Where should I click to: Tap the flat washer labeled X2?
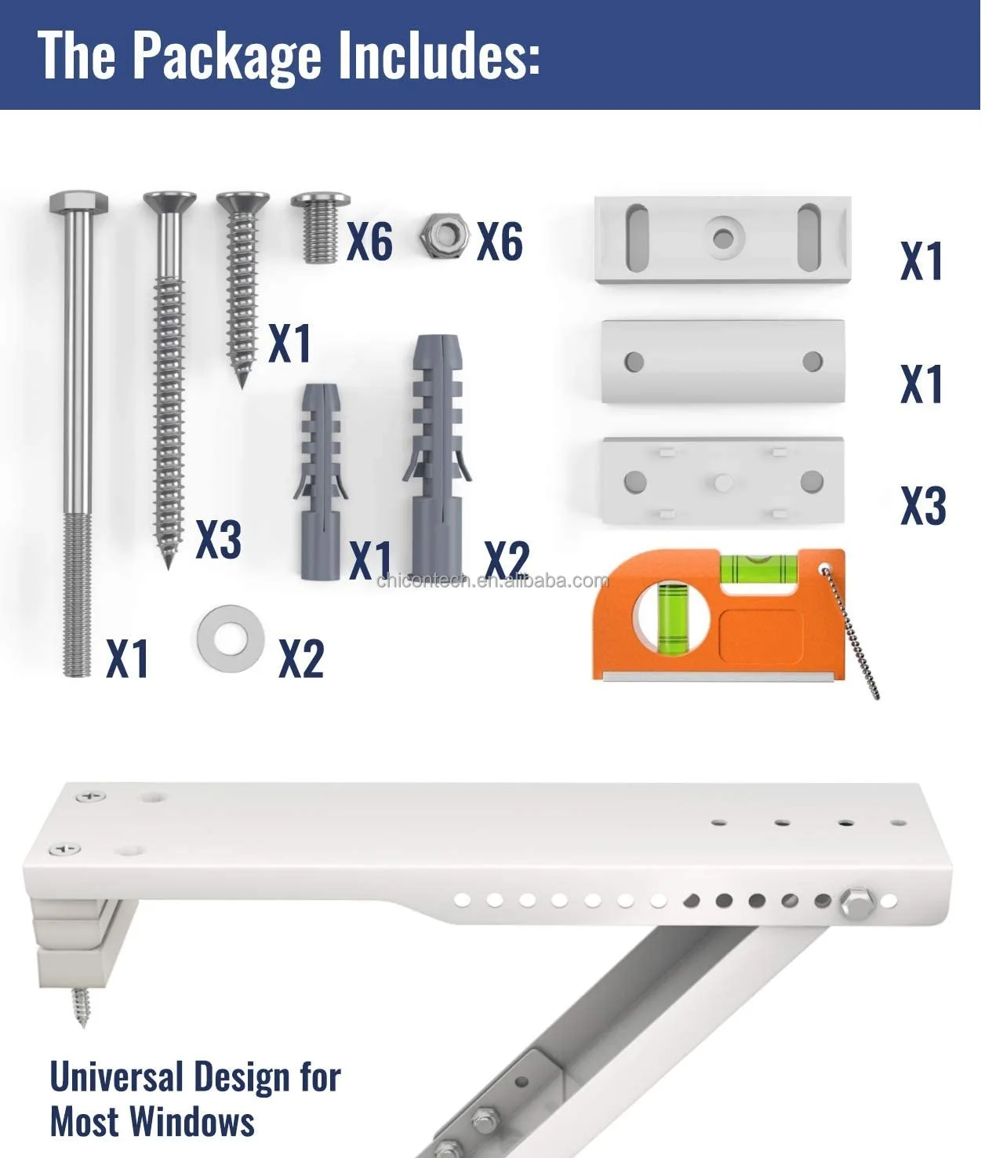pos(230,638)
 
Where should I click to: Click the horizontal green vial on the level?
pos(758,568)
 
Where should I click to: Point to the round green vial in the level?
pos(672,617)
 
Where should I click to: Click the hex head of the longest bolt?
pos(78,202)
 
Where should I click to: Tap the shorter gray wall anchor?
pos(320,481)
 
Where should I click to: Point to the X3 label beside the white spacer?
pos(923,505)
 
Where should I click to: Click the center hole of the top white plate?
pos(723,238)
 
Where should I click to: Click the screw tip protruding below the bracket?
pos(81,1007)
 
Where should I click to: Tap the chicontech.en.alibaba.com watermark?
pos(492,581)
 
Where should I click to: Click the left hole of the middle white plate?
pos(634,362)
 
